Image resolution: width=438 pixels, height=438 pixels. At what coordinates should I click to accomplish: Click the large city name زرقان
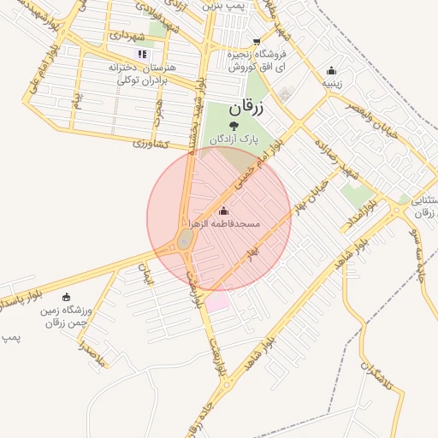coord(248,109)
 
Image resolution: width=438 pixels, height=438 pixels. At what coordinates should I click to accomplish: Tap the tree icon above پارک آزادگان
coord(246,127)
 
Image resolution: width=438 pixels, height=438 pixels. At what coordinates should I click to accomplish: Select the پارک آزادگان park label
coord(246,139)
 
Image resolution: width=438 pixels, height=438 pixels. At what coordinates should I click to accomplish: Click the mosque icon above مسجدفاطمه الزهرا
coord(224,211)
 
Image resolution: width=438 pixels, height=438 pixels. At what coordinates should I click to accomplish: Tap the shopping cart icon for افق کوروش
coord(257,41)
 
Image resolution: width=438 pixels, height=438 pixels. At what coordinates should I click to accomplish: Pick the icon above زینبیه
coord(331,71)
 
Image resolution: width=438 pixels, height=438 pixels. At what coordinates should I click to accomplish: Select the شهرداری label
coord(133,37)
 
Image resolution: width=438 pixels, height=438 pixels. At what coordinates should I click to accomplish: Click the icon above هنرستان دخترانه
coord(142,53)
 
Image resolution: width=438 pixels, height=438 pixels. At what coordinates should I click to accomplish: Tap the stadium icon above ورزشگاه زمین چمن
coord(67,297)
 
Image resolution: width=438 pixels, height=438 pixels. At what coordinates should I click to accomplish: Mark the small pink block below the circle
coord(217,301)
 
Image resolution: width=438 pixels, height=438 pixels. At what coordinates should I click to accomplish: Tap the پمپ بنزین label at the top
coord(224,5)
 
